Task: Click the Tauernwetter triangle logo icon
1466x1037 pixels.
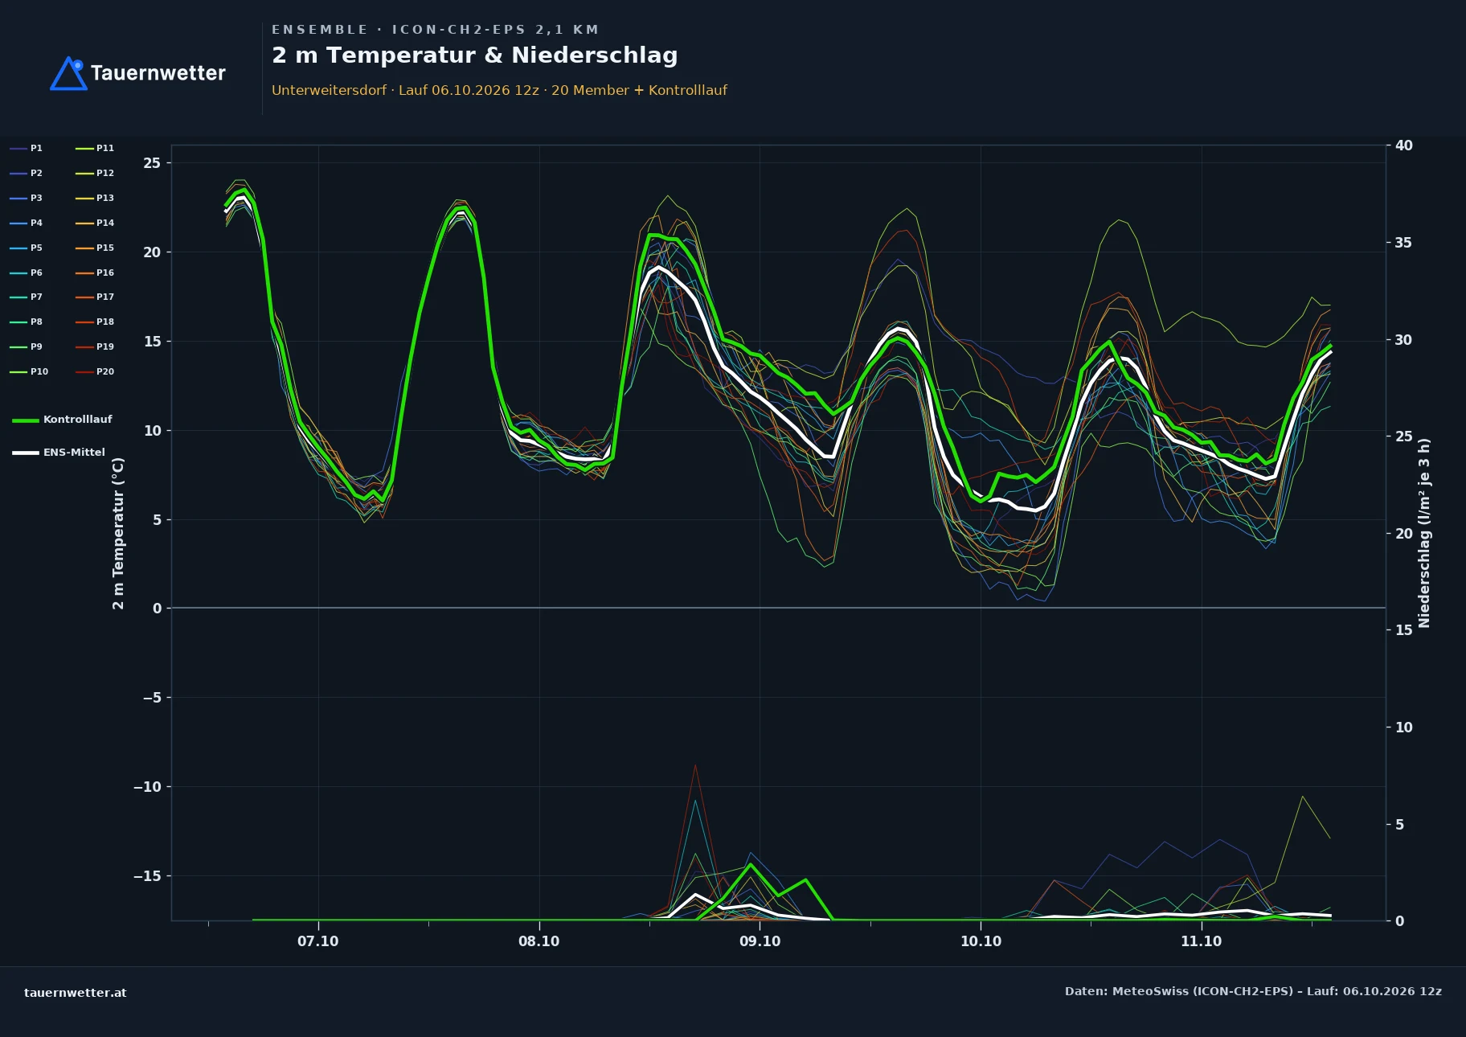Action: pyautogui.click(x=68, y=73)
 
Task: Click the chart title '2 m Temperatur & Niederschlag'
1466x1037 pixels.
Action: pyautogui.click(x=474, y=55)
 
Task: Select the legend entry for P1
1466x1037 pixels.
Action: pyautogui.click(x=27, y=148)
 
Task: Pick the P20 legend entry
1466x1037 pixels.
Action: pyautogui.click(x=95, y=371)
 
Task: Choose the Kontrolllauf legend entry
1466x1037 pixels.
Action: pyautogui.click(x=63, y=420)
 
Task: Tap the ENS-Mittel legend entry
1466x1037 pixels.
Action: pyautogui.click(x=59, y=453)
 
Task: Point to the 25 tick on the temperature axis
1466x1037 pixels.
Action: pyautogui.click(x=152, y=163)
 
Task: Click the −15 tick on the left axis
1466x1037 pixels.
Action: pyautogui.click(x=147, y=876)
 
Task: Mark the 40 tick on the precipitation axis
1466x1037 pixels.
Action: pyautogui.click(x=1403, y=146)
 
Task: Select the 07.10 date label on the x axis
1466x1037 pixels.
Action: pyautogui.click(x=318, y=941)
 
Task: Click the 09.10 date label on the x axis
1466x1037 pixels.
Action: pyautogui.click(x=760, y=941)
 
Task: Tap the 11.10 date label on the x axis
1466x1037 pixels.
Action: pyautogui.click(x=1201, y=941)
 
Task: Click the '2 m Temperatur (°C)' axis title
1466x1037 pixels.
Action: pyautogui.click(x=119, y=533)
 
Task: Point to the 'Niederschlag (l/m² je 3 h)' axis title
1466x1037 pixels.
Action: pyautogui.click(x=1424, y=533)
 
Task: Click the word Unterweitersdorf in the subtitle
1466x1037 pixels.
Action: pyautogui.click(x=329, y=90)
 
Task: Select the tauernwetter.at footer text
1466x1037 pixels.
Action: pyautogui.click(x=76, y=993)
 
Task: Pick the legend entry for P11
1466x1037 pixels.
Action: pyautogui.click(x=95, y=148)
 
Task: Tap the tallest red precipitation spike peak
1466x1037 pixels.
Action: pyautogui.click(x=695, y=765)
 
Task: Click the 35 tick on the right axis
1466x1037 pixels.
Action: pyautogui.click(x=1403, y=243)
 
